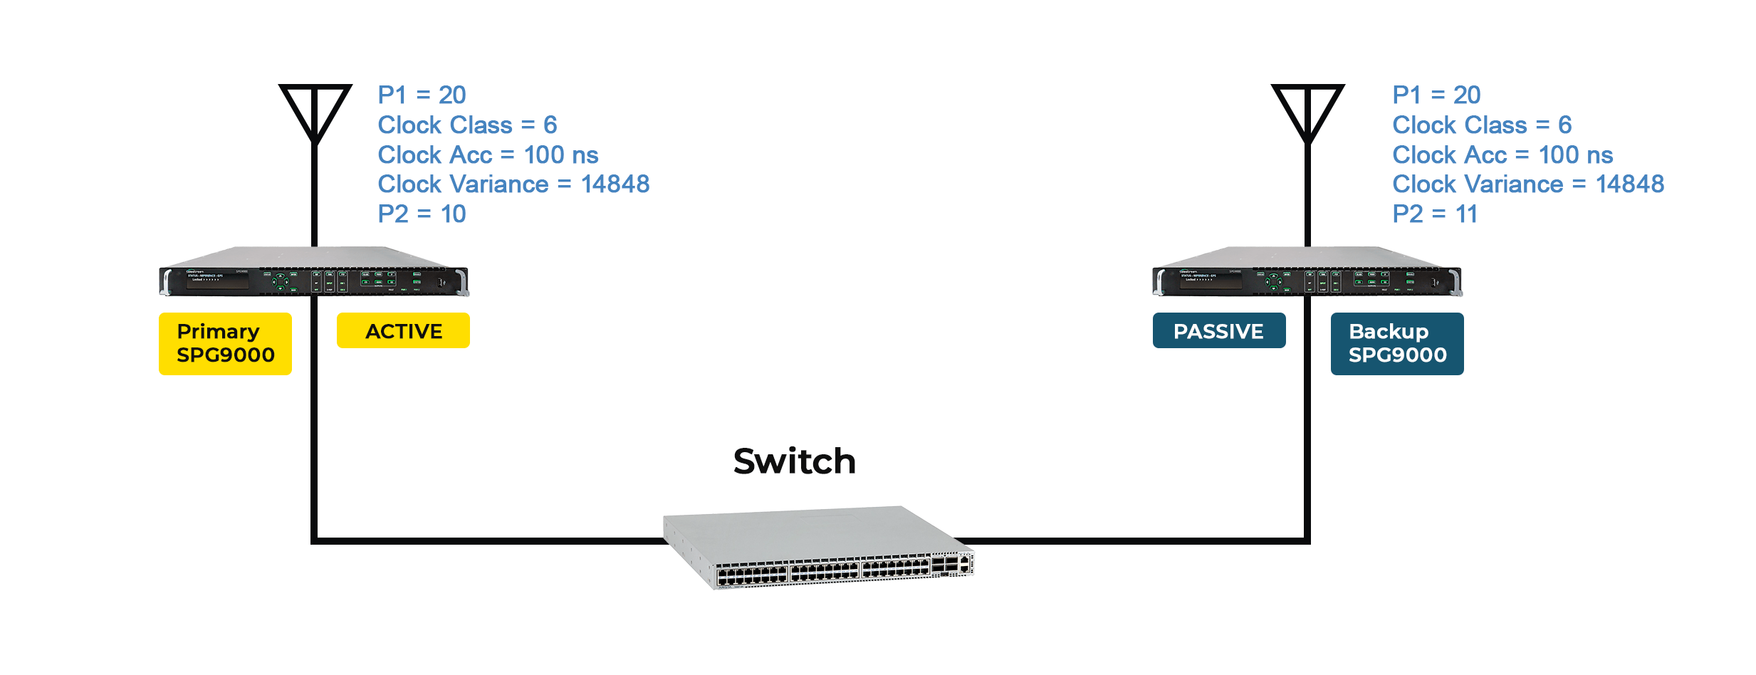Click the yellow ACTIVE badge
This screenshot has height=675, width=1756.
click(x=403, y=330)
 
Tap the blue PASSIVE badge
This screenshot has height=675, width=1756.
click(x=1218, y=330)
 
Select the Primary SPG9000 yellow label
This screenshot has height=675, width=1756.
click(x=225, y=343)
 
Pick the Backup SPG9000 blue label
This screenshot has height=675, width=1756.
click(x=1396, y=343)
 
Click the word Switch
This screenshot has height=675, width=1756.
click(x=794, y=461)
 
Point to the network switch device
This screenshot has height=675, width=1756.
click(x=819, y=548)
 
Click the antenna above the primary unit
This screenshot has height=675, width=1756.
click(x=315, y=114)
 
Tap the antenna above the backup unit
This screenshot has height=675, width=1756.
click(x=1307, y=114)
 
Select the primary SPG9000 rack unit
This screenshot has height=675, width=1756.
click(x=313, y=274)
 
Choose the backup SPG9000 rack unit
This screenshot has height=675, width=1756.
click(x=1307, y=274)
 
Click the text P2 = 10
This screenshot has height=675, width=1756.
click(x=422, y=214)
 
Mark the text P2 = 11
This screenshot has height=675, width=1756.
click(x=1435, y=214)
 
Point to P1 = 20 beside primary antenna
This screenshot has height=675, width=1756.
click(x=422, y=95)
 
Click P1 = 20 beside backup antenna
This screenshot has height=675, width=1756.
click(x=1436, y=95)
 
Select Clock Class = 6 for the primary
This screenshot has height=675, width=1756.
click(x=467, y=125)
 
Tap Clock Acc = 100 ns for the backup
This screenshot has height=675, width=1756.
click(x=1502, y=155)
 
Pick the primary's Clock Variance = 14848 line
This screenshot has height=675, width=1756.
click(x=513, y=184)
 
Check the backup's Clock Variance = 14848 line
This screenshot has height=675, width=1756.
click(x=1528, y=184)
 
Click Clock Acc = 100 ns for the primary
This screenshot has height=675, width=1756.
click(x=488, y=155)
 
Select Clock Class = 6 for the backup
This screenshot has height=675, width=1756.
click(x=1482, y=125)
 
